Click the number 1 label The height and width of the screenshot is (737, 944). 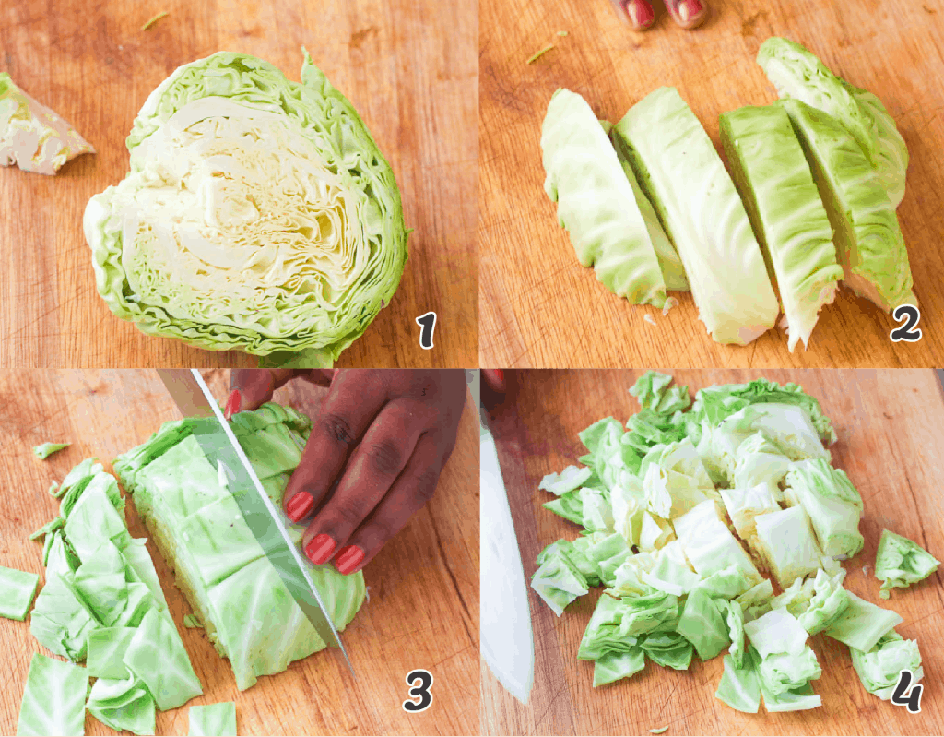(x=425, y=330)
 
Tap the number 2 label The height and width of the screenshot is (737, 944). (x=905, y=324)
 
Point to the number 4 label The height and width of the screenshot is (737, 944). (x=907, y=692)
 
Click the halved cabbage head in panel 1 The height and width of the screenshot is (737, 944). (x=249, y=208)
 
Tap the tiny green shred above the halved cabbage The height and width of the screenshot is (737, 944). (x=155, y=19)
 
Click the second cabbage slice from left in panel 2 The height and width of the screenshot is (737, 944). (x=696, y=212)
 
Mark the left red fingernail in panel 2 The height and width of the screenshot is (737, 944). (x=639, y=12)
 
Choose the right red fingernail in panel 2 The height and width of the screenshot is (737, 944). (x=688, y=10)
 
